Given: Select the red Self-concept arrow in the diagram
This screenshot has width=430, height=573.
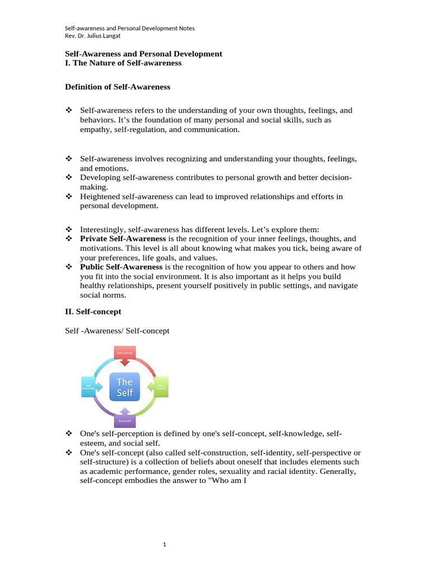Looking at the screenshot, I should tap(125, 356).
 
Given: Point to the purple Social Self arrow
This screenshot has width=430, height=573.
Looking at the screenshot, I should tap(124, 417).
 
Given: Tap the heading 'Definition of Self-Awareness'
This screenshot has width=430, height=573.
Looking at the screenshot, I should tap(118, 87).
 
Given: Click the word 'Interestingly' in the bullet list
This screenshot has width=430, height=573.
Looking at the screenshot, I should tap(102, 229).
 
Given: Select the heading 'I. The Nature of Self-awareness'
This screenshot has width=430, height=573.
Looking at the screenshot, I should tap(123, 63).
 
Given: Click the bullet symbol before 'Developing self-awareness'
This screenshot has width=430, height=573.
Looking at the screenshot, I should tap(69, 177).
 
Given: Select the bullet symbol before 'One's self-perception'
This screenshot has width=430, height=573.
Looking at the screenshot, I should tap(69, 434).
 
